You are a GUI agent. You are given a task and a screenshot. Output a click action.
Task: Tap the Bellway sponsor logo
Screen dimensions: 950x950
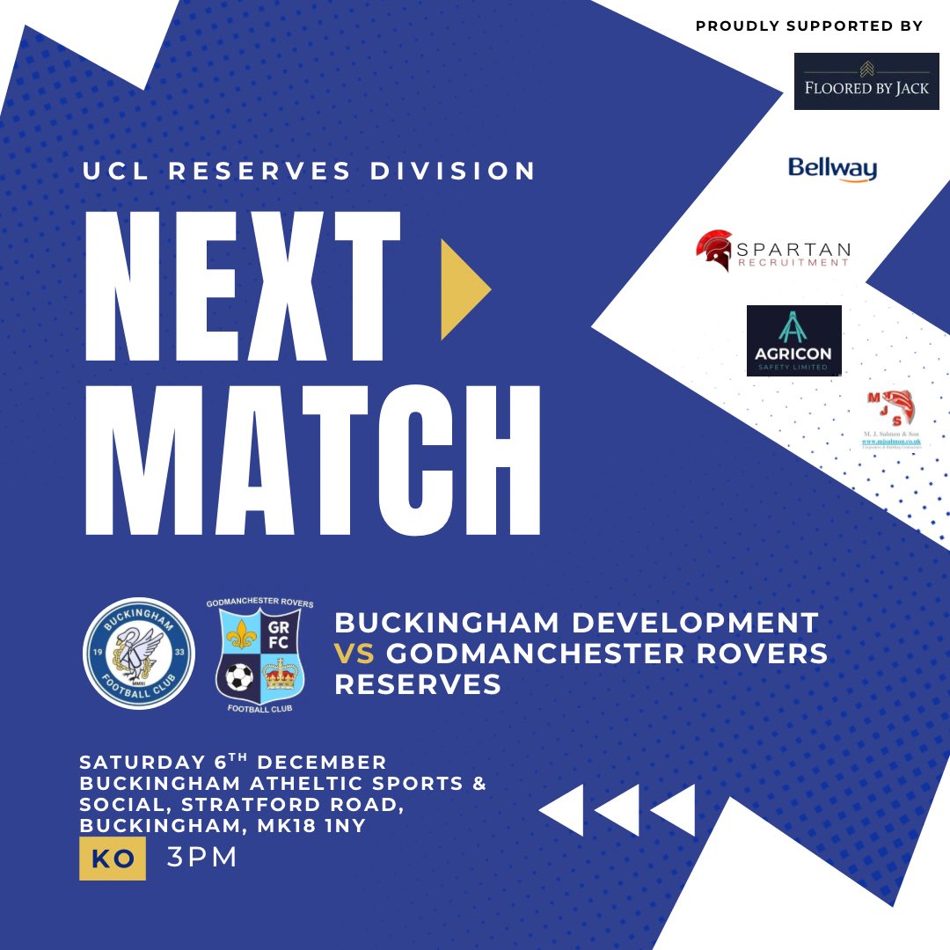832,168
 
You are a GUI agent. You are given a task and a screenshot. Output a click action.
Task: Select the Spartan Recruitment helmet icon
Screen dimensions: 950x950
714,250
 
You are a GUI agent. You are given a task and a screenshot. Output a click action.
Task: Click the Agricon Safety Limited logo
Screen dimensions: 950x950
793,340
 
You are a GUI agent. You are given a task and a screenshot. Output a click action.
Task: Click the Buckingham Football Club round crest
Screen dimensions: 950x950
138,654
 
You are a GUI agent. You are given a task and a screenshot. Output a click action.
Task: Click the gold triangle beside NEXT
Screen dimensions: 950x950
464,285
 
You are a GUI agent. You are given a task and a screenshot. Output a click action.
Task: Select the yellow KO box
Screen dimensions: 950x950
112,859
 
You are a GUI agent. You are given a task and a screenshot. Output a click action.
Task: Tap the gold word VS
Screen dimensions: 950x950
354,654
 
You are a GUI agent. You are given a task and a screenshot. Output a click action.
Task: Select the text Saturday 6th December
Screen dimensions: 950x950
233,762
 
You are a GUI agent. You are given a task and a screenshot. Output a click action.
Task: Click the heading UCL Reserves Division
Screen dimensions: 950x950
309,172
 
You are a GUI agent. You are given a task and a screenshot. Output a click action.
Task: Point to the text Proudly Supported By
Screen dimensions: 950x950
809,26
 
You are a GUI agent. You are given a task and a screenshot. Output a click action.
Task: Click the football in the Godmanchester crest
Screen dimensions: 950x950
238,676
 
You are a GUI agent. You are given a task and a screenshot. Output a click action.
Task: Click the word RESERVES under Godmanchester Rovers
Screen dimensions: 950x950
418,684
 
